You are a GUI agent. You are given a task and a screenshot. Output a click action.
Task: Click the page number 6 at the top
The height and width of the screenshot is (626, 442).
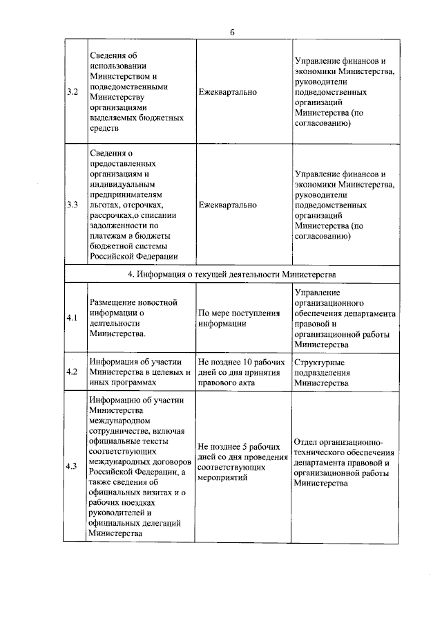(x=233, y=32)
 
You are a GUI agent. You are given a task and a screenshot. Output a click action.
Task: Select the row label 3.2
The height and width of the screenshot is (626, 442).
(x=72, y=91)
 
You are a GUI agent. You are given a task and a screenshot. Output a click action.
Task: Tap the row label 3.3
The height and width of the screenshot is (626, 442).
(x=72, y=205)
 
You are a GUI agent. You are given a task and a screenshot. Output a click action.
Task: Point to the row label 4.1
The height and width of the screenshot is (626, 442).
(x=72, y=317)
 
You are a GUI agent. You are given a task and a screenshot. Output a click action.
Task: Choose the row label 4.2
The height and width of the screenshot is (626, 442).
(x=72, y=371)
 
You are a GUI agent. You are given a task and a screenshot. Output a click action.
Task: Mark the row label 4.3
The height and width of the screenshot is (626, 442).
(x=72, y=466)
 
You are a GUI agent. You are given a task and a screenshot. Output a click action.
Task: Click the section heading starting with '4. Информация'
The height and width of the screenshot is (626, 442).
(x=232, y=274)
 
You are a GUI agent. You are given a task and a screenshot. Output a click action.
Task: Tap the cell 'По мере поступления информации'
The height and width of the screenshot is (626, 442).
(x=238, y=317)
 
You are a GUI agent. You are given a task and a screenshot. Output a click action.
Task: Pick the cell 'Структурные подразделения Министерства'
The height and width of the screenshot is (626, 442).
(x=323, y=371)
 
